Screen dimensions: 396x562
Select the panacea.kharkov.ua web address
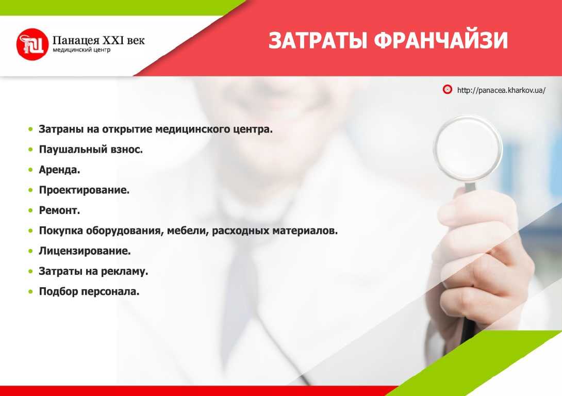[x=501, y=90]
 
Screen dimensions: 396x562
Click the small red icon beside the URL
[x=448, y=90]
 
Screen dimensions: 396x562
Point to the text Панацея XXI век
[x=98, y=39]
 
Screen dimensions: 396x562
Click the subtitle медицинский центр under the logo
[x=81, y=51]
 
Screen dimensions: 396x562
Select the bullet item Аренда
[x=59, y=170]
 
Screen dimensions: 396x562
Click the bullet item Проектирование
[x=84, y=190]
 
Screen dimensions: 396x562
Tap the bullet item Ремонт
[x=59, y=210]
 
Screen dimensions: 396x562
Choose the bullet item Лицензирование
[x=85, y=251]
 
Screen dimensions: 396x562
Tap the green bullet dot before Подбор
[x=31, y=292]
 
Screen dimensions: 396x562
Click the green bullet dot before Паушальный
[x=31, y=150]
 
